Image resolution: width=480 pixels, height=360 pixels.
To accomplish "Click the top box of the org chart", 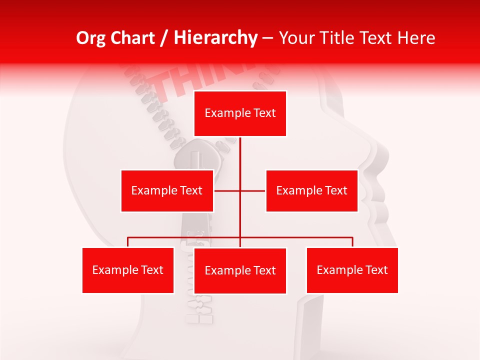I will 240,113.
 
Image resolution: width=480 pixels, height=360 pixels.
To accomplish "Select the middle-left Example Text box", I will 167,190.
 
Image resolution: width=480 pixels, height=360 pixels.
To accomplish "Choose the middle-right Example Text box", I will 311,190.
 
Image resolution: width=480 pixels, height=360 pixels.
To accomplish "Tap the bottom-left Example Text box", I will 128,270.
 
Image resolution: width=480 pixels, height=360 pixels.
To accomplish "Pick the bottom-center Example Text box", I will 240,270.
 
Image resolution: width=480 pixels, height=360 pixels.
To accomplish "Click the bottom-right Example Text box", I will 352,270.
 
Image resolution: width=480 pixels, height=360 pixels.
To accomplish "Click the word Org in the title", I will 91,38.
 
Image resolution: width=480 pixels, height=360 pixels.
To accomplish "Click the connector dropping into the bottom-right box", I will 352,242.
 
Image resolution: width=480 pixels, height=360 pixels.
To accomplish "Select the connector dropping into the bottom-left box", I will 128,242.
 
